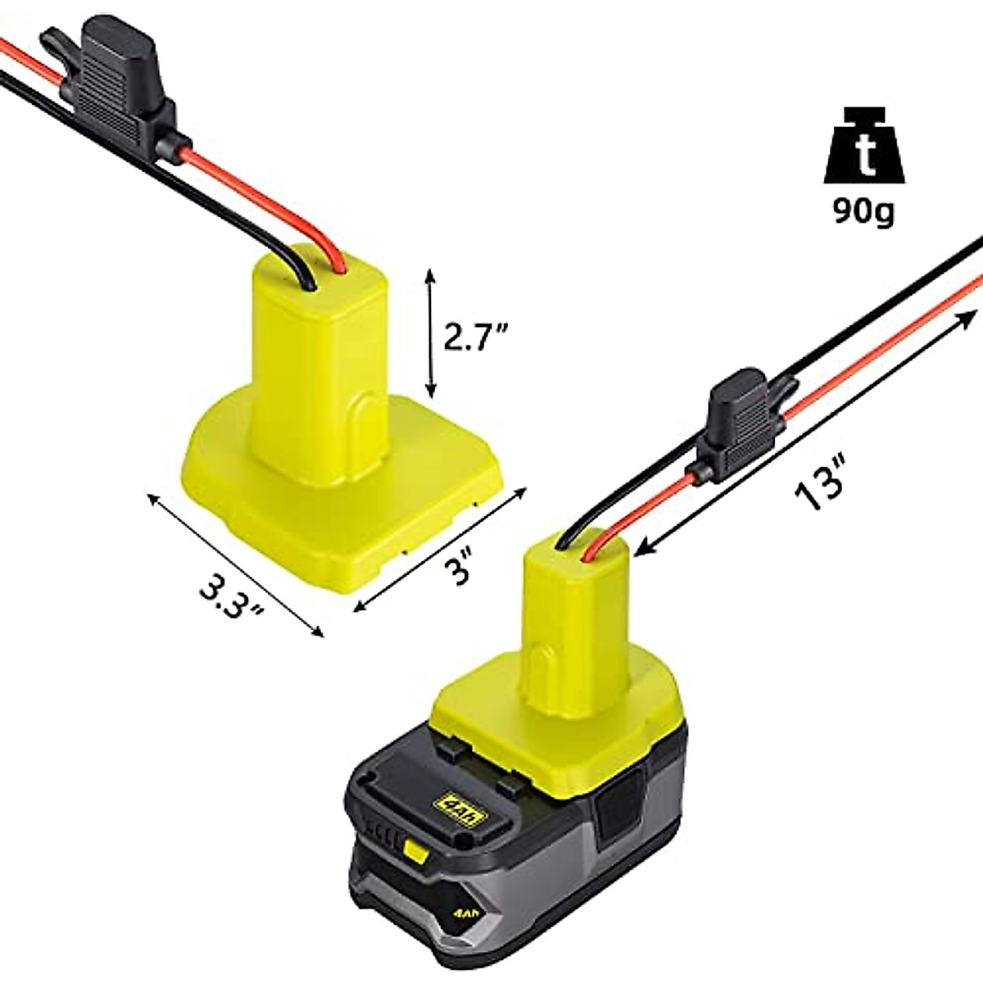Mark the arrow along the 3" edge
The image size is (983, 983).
click(438, 549)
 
